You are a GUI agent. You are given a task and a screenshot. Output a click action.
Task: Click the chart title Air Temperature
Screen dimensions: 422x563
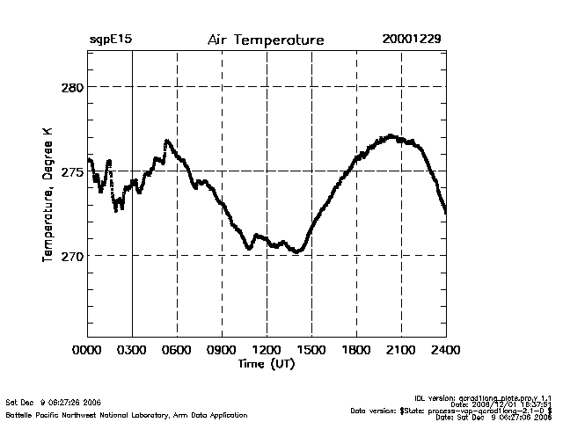pos(266,40)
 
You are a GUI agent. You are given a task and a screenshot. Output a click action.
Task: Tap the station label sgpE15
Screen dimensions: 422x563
pos(110,40)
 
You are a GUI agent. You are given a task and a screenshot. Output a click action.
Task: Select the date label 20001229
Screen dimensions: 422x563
pos(412,40)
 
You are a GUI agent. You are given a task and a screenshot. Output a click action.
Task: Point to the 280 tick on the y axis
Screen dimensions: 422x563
pos(71,87)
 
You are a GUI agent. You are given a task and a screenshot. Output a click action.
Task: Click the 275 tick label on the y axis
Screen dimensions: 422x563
pos(71,171)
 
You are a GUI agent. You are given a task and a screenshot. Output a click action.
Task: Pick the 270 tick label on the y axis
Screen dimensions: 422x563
pos(71,256)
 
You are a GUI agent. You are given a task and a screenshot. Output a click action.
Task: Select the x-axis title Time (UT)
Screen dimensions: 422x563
pos(266,363)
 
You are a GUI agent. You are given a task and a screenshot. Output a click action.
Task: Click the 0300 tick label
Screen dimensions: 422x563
pos(132,350)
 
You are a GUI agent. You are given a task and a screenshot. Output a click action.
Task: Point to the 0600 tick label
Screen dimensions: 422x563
pos(177,350)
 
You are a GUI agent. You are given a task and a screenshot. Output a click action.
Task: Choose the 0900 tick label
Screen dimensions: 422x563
pos(222,350)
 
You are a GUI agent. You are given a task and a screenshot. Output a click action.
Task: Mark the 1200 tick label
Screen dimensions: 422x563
pos(267,350)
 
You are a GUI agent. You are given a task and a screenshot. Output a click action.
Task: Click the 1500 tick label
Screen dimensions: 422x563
pos(311,350)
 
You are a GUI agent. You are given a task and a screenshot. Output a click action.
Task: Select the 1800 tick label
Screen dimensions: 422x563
pos(356,350)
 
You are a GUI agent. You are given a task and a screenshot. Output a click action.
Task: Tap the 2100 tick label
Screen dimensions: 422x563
pos(401,350)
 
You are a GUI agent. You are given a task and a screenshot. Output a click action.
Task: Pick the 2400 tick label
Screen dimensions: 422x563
pos(446,350)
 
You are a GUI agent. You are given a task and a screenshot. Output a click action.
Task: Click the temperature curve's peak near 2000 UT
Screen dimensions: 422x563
pos(391,136)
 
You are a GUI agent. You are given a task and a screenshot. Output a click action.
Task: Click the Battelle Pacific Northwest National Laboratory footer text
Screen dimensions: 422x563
pos(127,414)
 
